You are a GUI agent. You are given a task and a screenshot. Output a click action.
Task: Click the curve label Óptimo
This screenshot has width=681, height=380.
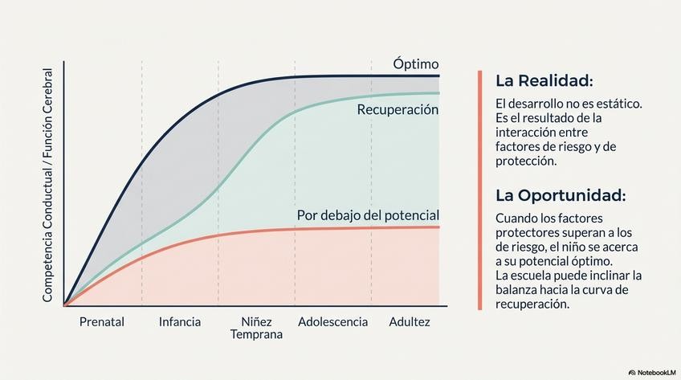pos(416,64)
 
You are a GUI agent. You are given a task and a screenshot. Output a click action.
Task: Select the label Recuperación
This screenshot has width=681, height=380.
pos(398,109)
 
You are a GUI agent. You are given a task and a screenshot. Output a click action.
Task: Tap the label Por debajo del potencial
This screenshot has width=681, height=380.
pos(368,215)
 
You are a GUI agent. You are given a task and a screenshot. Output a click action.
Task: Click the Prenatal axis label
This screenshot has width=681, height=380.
pos(102,322)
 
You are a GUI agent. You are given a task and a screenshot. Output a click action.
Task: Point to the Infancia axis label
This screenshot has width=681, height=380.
pos(180,322)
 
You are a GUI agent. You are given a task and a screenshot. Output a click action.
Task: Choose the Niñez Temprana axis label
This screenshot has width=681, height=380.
pos(257,328)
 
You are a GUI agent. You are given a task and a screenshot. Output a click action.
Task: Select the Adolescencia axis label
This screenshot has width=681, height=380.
pos(332,322)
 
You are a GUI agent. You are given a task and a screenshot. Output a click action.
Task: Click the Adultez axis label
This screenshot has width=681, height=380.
pos(410,322)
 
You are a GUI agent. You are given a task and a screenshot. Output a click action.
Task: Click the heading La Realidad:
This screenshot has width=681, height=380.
pos(544,81)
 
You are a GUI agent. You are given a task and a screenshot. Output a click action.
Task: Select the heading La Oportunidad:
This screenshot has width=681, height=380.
pos(561,195)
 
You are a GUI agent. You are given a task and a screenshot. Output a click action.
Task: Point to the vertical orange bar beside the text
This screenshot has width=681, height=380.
pos(480,190)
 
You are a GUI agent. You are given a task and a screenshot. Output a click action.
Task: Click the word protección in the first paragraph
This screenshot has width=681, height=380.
pos(526,161)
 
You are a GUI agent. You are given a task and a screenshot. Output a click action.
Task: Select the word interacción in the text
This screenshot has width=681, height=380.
pos(529,133)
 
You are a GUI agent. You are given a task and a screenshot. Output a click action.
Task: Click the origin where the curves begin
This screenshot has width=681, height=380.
pos(64,305)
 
